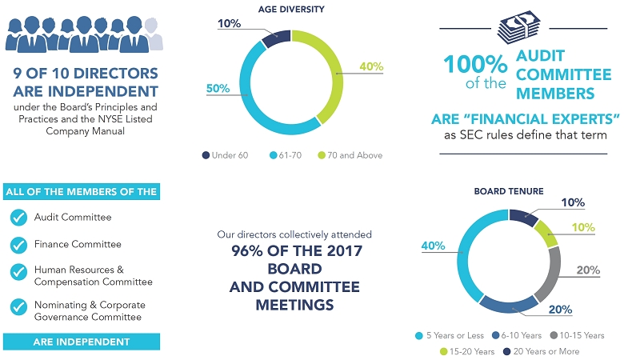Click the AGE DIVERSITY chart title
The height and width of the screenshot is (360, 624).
coord(291,10)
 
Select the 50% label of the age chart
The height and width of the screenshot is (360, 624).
coord(217,89)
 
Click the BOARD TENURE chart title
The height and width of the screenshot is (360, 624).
coord(509,192)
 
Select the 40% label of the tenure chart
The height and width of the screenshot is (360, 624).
coord(432,246)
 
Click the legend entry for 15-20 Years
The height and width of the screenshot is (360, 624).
coord(468,351)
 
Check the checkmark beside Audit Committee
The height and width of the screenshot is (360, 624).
coord(18,218)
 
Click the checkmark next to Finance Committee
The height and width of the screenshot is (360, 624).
coord(18,245)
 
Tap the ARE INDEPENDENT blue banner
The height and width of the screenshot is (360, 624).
coord(82,342)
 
